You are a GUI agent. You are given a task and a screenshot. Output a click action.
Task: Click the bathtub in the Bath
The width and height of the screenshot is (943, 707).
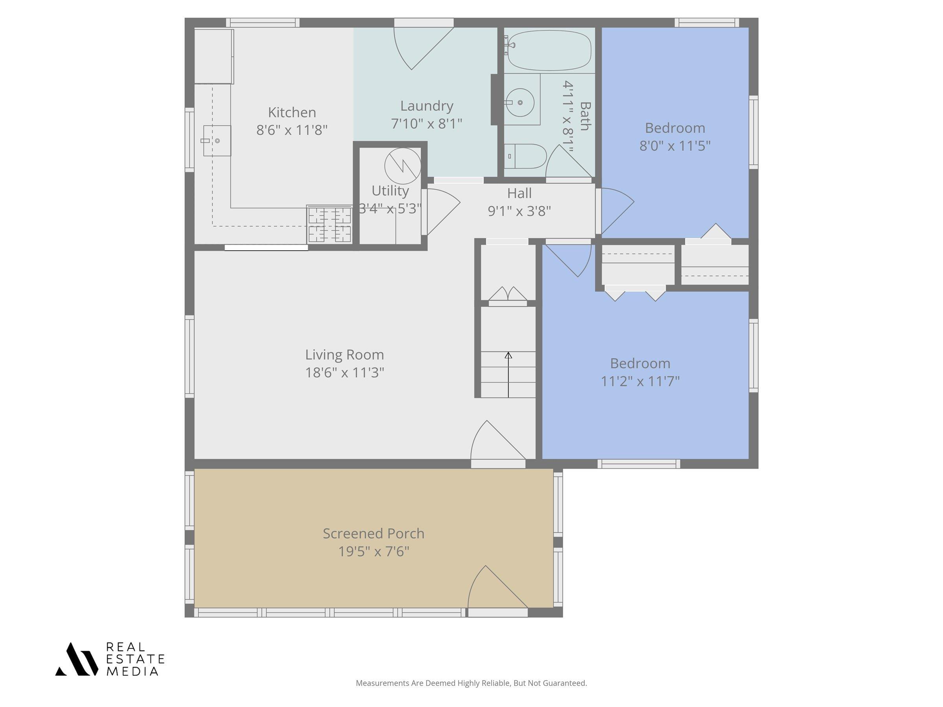(549, 50)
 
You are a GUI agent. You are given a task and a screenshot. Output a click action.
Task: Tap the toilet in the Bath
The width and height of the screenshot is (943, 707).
(525, 156)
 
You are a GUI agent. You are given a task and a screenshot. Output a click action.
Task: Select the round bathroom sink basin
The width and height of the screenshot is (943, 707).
(520, 103)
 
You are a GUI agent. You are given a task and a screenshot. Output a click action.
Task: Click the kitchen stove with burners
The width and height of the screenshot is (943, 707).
(330, 224)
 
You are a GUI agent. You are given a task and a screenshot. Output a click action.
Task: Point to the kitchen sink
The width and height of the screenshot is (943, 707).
(217, 141)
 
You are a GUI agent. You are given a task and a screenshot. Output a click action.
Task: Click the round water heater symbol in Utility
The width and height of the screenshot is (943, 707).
(403, 166)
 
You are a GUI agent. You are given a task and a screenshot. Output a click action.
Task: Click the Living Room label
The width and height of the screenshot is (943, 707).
(345, 355)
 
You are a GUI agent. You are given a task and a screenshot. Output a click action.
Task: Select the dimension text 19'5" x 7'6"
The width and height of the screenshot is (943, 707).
(373, 551)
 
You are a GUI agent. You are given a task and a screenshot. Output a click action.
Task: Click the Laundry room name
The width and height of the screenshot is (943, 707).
(427, 106)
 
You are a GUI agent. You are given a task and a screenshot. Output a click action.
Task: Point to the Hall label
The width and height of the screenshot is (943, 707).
(519, 193)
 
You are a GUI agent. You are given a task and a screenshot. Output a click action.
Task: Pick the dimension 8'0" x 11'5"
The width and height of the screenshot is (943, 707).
(675, 146)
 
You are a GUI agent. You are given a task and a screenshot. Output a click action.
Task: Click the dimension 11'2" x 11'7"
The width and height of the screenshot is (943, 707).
(640, 381)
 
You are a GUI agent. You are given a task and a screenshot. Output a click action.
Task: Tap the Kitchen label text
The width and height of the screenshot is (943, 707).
(292, 112)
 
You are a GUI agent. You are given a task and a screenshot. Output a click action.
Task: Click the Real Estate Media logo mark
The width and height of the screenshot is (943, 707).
(76, 659)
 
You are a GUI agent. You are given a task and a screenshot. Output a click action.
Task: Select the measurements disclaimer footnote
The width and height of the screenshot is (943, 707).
(471, 683)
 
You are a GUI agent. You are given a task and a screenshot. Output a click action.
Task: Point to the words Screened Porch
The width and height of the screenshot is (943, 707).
(373, 533)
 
